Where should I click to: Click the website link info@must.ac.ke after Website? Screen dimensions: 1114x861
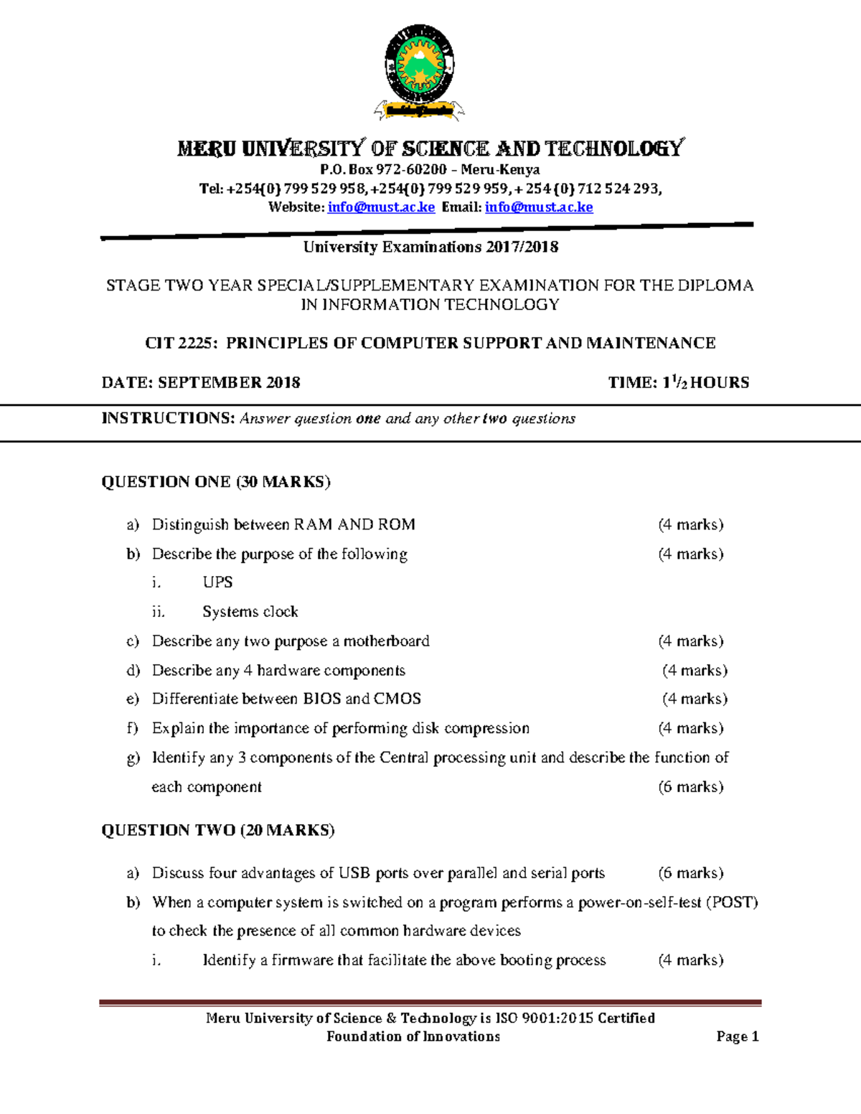(x=381, y=207)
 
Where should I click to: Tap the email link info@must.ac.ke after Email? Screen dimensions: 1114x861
(x=539, y=207)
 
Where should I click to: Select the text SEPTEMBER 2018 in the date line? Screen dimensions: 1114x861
(x=229, y=382)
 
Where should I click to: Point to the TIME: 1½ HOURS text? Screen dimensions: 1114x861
(x=678, y=382)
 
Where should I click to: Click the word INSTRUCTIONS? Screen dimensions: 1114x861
(x=168, y=418)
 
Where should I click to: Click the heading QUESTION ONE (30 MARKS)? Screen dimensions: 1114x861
(x=216, y=481)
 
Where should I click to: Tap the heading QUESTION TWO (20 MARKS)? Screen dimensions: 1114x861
(x=218, y=830)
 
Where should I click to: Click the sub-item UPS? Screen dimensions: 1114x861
(x=217, y=582)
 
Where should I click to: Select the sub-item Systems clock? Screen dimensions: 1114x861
(x=250, y=611)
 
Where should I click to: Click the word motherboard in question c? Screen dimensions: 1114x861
(x=386, y=641)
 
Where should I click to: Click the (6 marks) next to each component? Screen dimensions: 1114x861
(x=690, y=787)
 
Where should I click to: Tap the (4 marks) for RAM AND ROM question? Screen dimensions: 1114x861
(x=690, y=524)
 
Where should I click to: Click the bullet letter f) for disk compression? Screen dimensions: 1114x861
(x=132, y=728)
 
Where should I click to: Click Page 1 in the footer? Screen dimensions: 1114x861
(x=737, y=1037)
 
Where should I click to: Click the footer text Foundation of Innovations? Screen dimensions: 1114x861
(x=413, y=1037)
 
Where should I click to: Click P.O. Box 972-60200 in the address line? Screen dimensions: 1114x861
(x=383, y=170)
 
